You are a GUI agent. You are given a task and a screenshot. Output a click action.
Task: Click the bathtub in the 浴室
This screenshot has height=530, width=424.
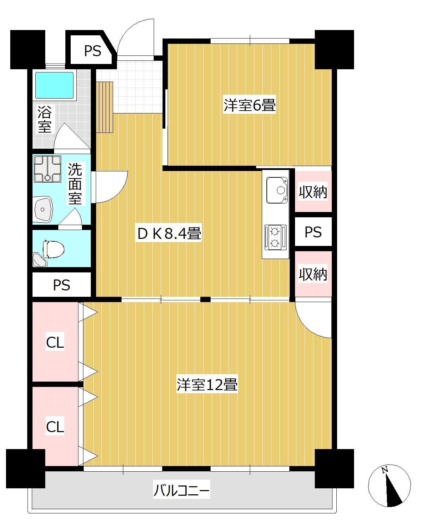coord(54,85)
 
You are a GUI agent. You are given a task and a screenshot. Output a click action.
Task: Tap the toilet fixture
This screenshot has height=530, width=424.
coord(53,249)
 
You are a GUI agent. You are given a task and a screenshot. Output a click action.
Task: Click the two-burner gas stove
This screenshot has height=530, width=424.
coord(275,237)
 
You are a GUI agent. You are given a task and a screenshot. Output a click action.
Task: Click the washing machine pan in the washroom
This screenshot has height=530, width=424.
coord(47,169)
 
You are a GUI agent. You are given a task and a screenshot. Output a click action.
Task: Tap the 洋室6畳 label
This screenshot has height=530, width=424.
coord(249,105)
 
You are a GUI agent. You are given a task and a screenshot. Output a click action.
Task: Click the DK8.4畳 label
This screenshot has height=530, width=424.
coord(169,234)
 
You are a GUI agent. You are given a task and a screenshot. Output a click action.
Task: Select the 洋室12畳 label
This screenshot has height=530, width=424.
coord(207,385)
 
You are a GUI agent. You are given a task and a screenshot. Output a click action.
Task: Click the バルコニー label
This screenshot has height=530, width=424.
coord(182,491)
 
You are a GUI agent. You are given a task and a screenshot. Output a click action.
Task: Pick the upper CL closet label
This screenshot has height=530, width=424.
coord(55,342)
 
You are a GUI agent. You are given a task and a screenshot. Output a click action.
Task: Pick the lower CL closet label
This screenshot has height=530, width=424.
coord(55,427)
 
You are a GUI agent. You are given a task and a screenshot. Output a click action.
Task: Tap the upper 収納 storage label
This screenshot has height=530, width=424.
coord(313,192)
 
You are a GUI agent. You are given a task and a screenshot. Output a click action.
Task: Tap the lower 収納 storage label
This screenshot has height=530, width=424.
coord(313,274)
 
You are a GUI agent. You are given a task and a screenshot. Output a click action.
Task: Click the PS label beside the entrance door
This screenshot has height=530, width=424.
coord(93,51)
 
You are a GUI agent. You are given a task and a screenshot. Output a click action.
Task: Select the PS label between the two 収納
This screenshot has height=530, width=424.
coord(313,232)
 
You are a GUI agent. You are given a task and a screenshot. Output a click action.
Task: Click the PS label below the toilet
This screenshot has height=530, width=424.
coord(62,285)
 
